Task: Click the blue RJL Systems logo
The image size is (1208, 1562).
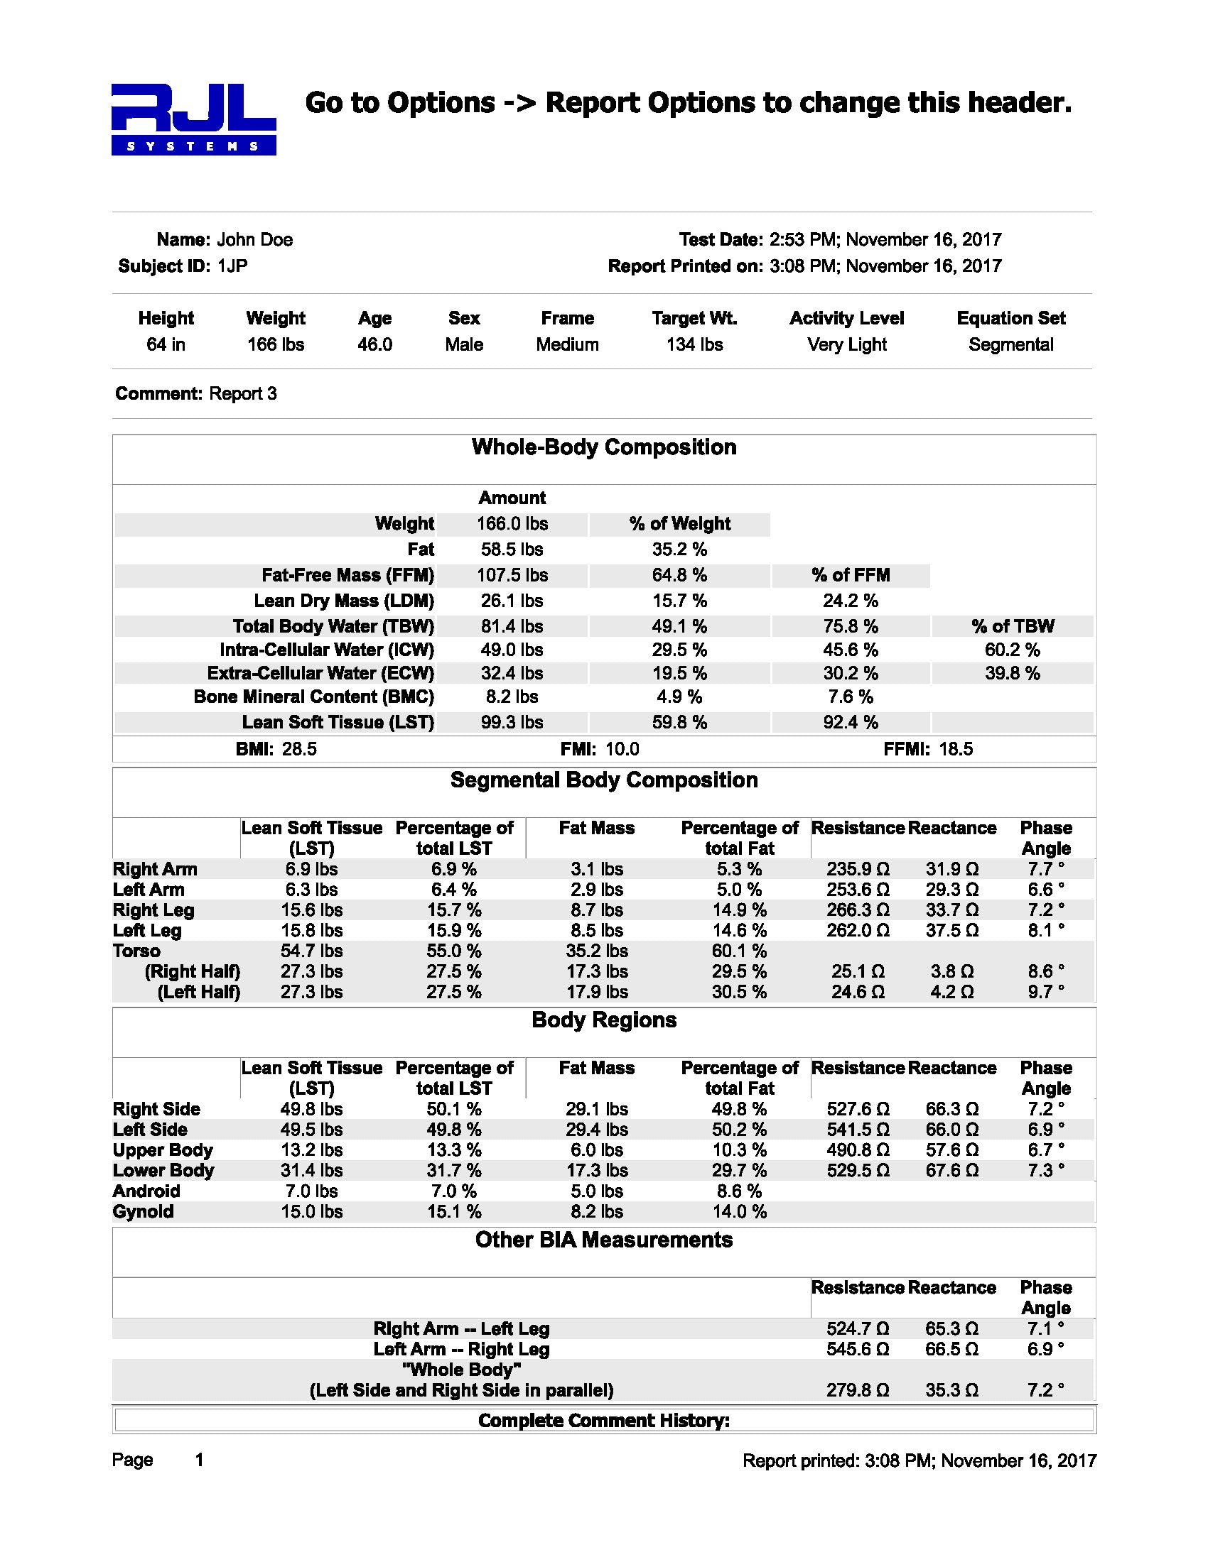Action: point(193,119)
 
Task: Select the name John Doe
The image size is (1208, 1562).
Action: point(255,239)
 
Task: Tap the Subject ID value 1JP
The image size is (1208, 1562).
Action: point(232,266)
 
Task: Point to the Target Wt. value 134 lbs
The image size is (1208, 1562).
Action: point(694,345)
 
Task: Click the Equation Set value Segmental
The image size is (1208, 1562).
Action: point(1010,345)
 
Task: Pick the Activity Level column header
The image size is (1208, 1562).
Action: point(846,318)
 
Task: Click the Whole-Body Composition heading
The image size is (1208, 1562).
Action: point(604,447)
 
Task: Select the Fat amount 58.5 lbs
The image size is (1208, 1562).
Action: point(512,550)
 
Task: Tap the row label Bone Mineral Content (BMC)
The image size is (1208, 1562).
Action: point(313,697)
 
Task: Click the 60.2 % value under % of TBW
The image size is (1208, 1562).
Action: point(1012,650)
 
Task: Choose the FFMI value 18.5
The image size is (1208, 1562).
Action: point(955,749)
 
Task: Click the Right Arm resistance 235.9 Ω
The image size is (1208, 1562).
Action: point(858,869)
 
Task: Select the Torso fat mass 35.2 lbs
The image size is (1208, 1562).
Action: point(597,951)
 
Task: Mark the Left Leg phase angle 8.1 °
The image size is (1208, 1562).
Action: point(1045,931)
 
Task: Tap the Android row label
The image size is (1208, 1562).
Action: point(146,1191)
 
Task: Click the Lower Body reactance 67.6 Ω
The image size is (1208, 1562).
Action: point(951,1170)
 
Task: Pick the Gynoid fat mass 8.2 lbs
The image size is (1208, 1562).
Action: point(597,1211)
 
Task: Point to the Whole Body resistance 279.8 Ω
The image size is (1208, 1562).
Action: point(858,1389)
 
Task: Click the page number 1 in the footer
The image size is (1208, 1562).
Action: point(200,1460)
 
